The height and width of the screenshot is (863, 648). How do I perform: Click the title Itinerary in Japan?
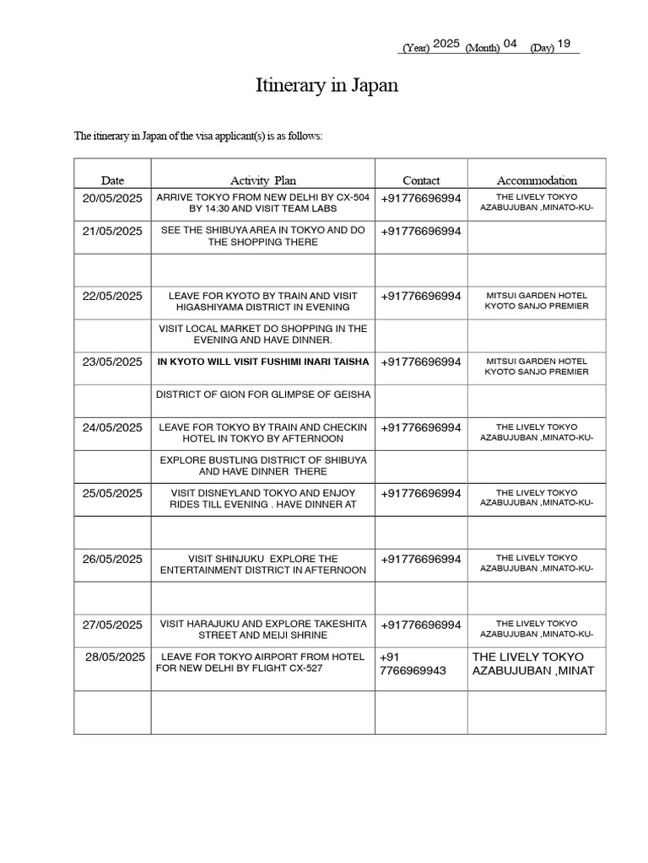coord(327,86)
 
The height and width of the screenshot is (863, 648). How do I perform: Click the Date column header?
coord(112,180)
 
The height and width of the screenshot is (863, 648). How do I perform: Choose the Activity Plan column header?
coord(263,180)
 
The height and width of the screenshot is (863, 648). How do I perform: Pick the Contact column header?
coord(421,180)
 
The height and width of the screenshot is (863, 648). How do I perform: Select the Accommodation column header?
coord(537,180)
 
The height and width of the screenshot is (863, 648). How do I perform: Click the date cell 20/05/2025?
coord(112,198)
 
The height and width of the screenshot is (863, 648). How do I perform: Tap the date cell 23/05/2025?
coord(112,362)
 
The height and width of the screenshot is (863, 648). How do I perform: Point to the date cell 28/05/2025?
coord(115,657)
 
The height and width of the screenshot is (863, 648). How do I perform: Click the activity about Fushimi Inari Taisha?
coord(263,362)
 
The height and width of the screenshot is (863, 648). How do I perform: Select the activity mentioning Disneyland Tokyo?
coord(263,499)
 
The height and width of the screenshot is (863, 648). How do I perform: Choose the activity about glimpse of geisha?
coord(263,395)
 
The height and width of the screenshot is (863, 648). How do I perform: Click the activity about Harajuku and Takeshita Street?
coord(263,630)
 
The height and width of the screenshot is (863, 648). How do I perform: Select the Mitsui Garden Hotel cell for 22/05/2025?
coord(537,301)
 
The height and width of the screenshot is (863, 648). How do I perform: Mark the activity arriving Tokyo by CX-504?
coord(263,202)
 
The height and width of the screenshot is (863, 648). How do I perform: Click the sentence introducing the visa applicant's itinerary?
coord(198,136)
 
